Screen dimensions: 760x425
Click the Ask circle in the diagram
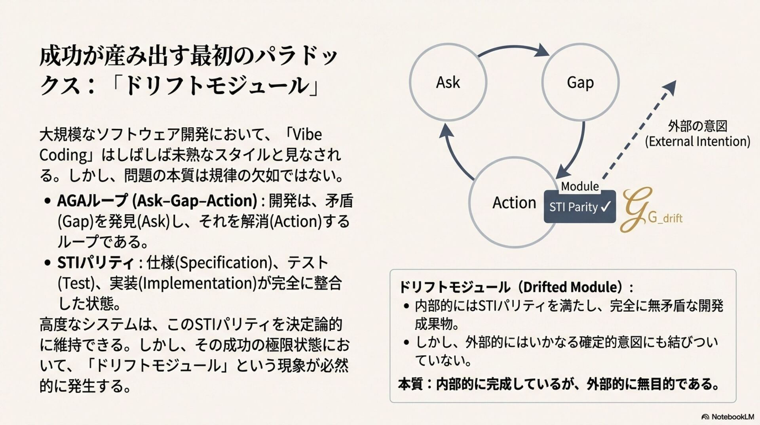click(x=448, y=82)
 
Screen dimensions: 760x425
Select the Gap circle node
click(x=580, y=82)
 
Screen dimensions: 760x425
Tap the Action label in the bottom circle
click(x=514, y=203)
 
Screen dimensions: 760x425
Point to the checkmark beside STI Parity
click(x=606, y=206)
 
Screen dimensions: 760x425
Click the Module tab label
click(x=580, y=186)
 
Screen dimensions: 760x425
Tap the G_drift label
click(x=665, y=218)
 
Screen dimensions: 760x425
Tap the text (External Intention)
click(x=697, y=142)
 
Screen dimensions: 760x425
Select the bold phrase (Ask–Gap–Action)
click(x=195, y=201)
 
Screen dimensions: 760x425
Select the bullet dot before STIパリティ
click(x=48, y=263)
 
